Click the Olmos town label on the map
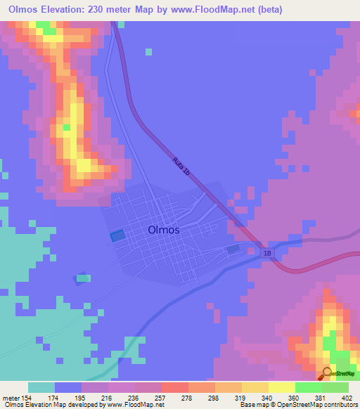click(x=164, y=230)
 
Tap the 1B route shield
click(x=266, y=252)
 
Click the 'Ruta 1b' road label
click(x=181, y=169)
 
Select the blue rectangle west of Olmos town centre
click(x=117, y=235)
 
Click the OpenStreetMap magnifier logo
click(x=328, y=374)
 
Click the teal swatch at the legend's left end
click(x=41, y=387)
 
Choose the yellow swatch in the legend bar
click(x=281, y=387)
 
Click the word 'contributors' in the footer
click(x=341, y=405)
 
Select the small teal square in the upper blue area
click(x=148, y=51)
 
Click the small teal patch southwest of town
click(x=84, y=278)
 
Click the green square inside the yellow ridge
click(x=66, y=128)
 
